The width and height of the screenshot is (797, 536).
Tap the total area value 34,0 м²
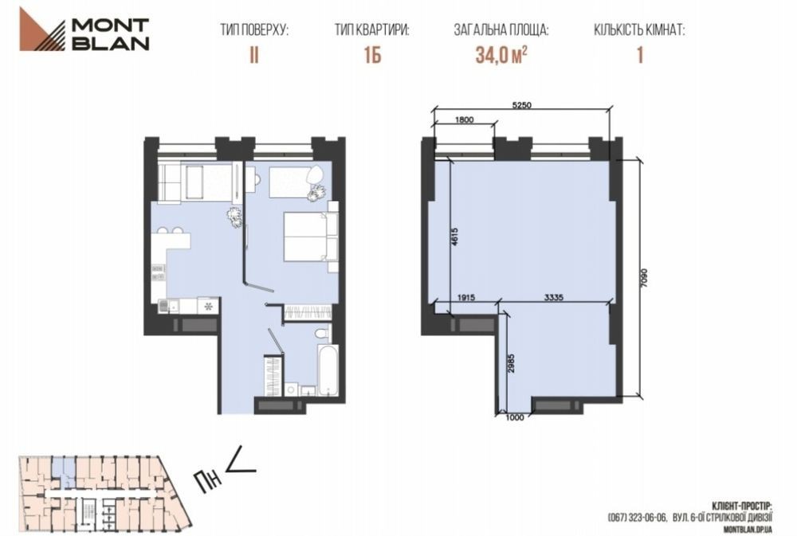coord(501,55)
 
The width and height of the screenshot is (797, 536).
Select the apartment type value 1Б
coord(372,55)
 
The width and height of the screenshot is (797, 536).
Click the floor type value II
coord(254,55)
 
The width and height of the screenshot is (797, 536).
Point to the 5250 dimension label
coord(521,105)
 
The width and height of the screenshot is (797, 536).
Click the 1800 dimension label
coord(464,120)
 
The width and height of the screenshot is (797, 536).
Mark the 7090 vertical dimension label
coord(645,278)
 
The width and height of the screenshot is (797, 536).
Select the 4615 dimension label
coord(455,237)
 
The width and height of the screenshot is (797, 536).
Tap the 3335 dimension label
coord(554,298)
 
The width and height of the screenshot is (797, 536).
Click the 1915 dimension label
coord(465,298)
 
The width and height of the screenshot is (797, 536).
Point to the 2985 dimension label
coord(512,363)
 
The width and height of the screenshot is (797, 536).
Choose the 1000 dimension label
coord(515,417)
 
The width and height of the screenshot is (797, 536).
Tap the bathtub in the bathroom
coord(328,370)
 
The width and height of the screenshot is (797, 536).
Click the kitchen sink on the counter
coord(163,306)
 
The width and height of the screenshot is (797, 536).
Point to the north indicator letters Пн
coord(208,480)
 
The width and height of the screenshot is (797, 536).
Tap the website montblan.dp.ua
coord(747,530)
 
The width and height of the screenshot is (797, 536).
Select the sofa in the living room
coord(181,182)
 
